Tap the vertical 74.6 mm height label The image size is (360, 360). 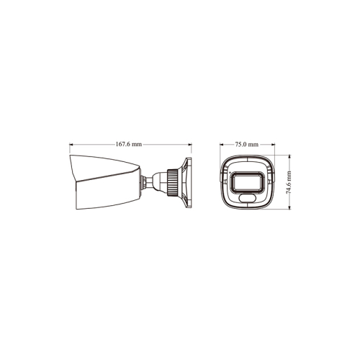[x=289, y=181]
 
